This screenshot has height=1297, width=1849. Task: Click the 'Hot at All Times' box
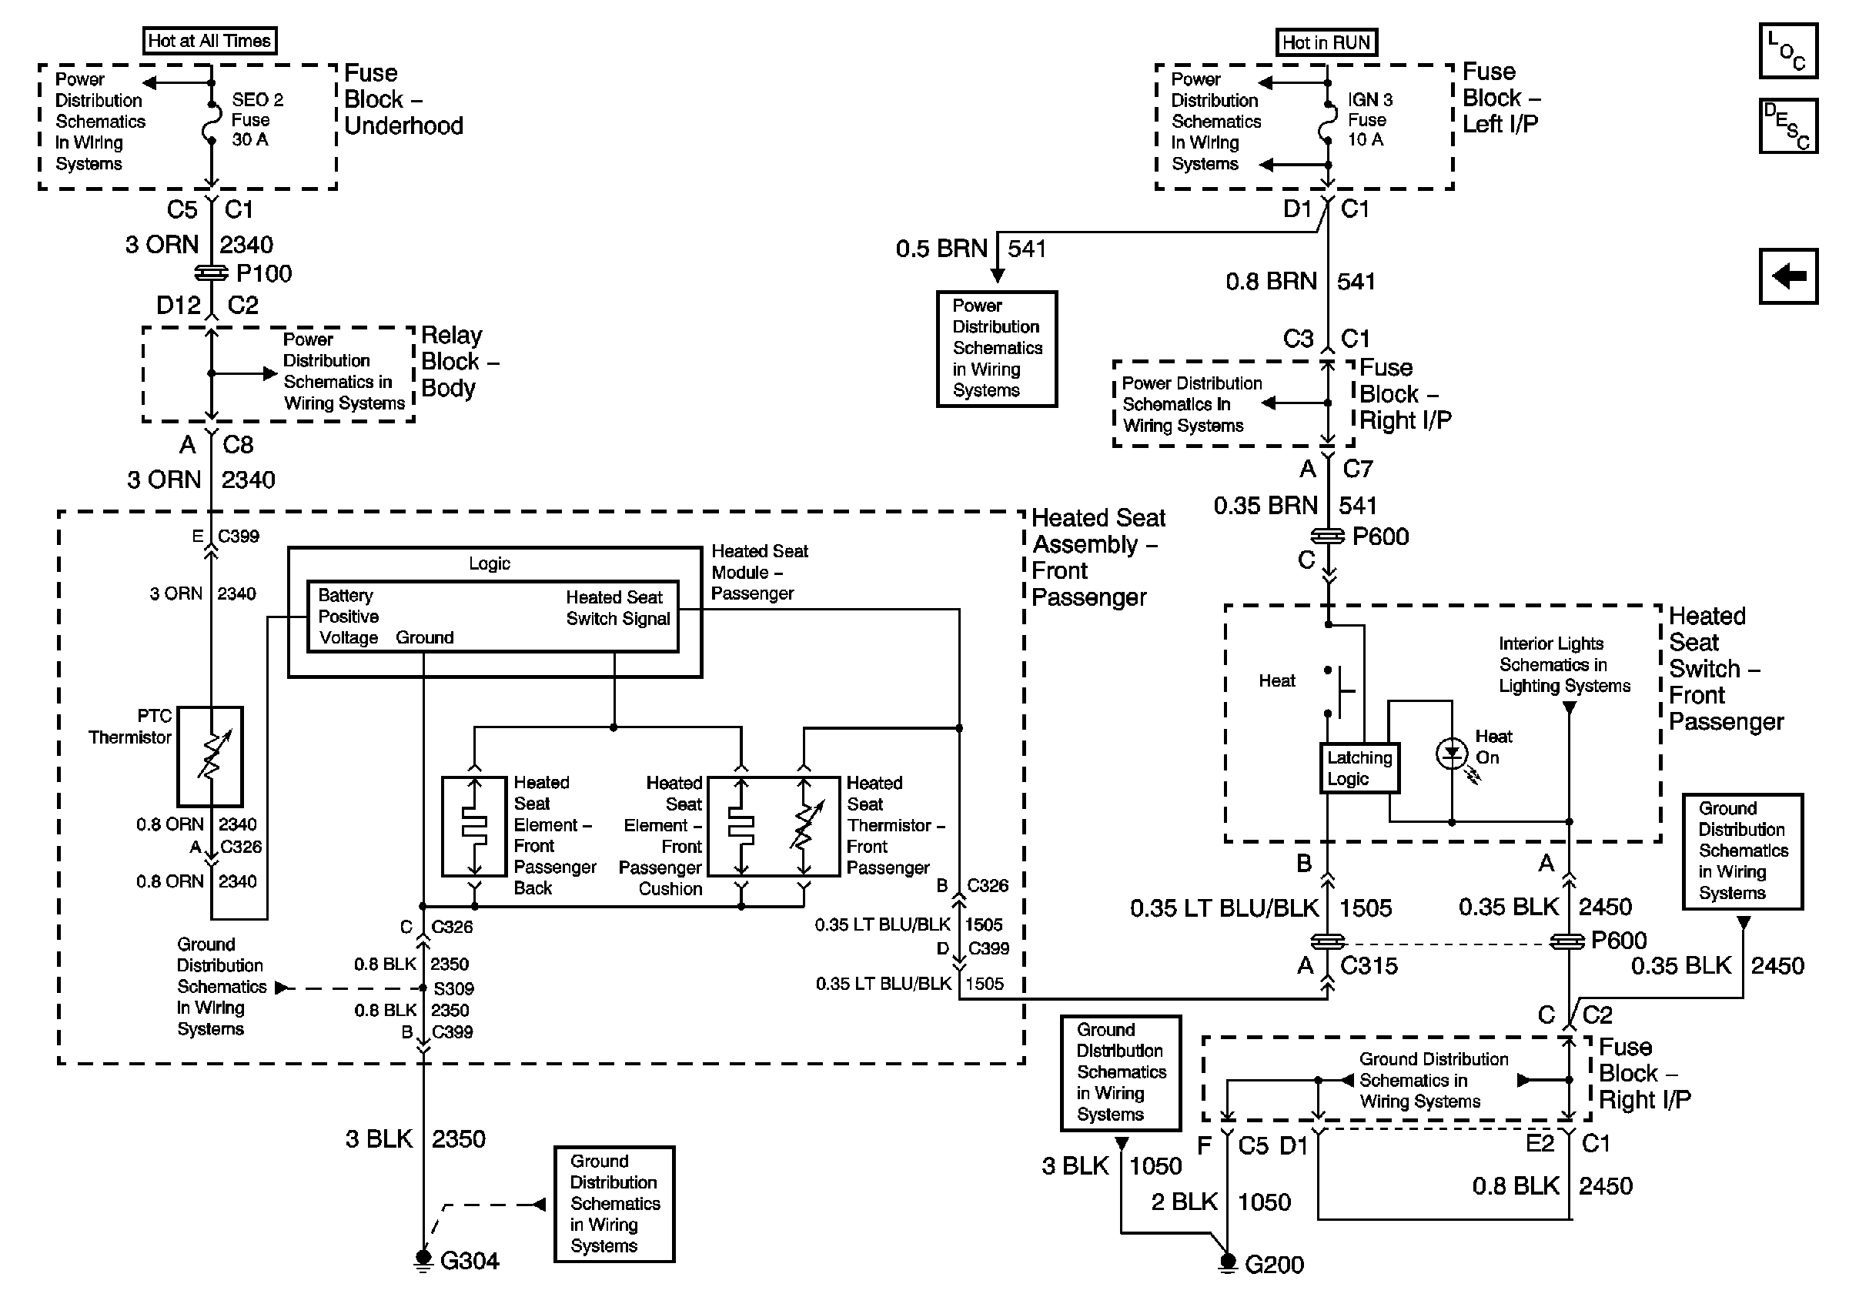pyautogui.click(x=209, y=40)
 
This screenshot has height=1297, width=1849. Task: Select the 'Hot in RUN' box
pyautogui.click(x=1326, y=42)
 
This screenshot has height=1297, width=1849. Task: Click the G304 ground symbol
pyautogui.click(x=423, y=1260)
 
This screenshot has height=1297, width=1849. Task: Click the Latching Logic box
pyautogui.click(x=1359, y=768)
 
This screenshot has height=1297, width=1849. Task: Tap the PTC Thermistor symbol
pyautogui.click(x=210, y=757)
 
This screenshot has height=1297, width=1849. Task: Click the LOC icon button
pyautogui.click(x=1787, y=51)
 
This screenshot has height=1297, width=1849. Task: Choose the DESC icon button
pyautogui.click(x=1787, y=125)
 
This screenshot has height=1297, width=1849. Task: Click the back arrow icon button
pyautogui.click(x=1787, y=276)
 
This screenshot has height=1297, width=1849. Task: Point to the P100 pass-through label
pyautogui.click(x=264, y=274)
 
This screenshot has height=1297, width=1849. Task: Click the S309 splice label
pyautogui.click(x=453, y=988)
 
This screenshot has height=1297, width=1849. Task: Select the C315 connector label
pyautogui.click(x=1369, y=965)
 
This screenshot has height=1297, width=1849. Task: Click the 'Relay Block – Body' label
pyautogui.click(x=460, y=362)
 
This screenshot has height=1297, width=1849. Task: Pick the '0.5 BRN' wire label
pyautogui.click(x=941, y=249)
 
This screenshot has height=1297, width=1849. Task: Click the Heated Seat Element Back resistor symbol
pyautogui.click(x=474, y=826)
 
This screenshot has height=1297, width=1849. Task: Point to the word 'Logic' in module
pyautogui.click(x=490, y=563)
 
